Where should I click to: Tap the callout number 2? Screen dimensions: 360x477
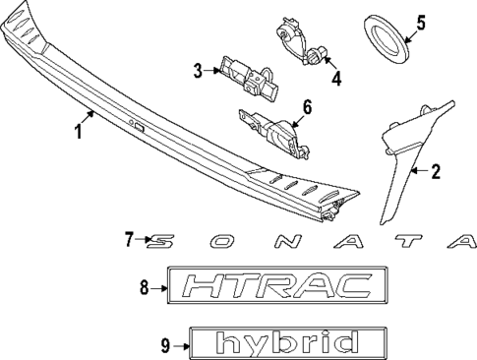tap(436, 171)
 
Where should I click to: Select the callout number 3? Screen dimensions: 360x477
tap(198, 70)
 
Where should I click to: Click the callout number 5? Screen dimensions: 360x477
tap(421, 22)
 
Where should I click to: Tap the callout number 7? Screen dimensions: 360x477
tap(130, 239)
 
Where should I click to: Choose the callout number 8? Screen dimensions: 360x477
tap(144, 287)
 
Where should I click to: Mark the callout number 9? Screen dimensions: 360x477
tap(165, 344)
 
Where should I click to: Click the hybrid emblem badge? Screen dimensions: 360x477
tap(283, 344)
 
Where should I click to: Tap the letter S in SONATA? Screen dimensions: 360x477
tap(164, 239)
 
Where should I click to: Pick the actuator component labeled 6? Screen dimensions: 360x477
tap(272, 130)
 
